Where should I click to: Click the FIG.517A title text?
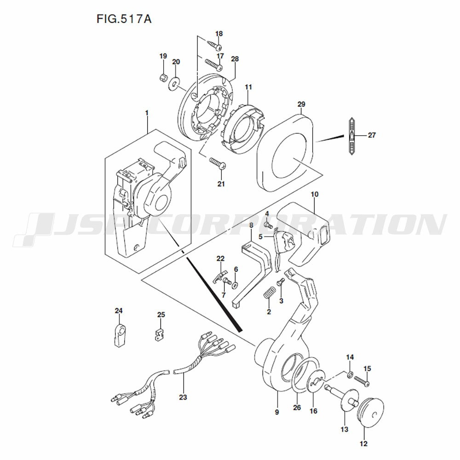(124, 19)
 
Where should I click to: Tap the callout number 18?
(219, 34)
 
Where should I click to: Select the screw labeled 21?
(218, 163)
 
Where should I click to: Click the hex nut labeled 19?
(164, 78)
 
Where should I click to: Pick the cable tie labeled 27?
(352, 136)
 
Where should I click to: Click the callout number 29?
(301, 104)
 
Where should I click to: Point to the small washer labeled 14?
(350, 374)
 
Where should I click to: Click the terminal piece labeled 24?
(119, 335)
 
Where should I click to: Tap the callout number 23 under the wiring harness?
(183, 397)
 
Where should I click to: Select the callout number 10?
(315, 194)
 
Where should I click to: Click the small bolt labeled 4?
(268, 225)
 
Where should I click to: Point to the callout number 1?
(147, 113)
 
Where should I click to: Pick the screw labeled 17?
(213, 64)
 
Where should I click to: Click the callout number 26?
(297, 408)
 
